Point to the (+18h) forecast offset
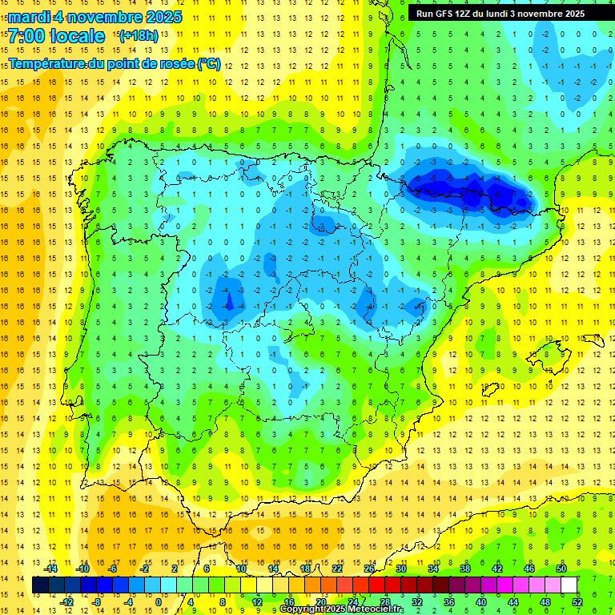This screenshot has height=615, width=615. point(138,36)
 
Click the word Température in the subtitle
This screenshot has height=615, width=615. point(48,63)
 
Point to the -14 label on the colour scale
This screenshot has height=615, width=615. point(52,569)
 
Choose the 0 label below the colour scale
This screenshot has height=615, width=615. point(159,602)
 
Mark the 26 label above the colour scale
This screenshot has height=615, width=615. point(369,569)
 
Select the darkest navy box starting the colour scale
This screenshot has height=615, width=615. point(40,585)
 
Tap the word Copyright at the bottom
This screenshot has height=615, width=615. point(303,609)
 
